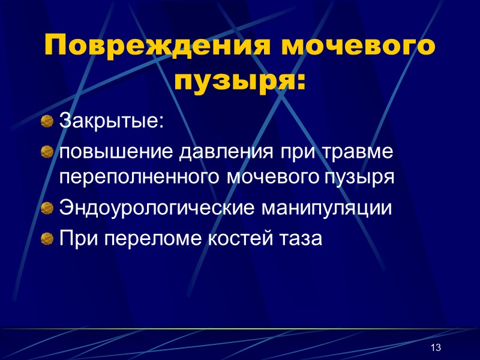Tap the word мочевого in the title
[x=354, y=46]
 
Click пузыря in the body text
[x=358, y=178]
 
